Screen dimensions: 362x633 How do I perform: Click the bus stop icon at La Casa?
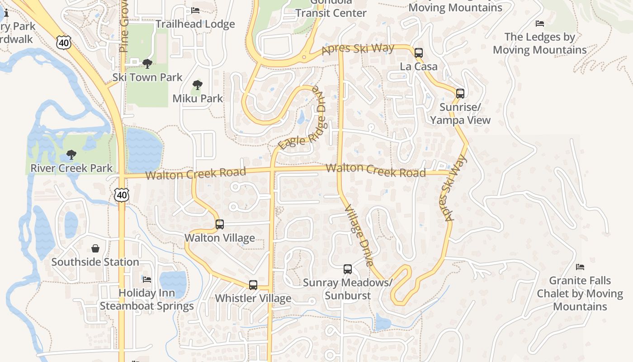(x=419, y=53)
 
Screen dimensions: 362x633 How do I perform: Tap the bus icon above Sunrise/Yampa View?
(x=460, y=94)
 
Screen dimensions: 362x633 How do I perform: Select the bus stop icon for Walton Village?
(x=220, y=224)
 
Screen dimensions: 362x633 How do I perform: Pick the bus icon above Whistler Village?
(x=253, y=285)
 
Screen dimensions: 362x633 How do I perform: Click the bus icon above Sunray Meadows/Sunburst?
(x=347, y=269)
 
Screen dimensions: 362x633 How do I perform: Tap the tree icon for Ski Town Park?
(x=147, y=64)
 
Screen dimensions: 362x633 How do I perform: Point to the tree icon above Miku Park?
(x=197, y=85)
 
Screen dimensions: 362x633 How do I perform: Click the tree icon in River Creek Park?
(x=71, y=155)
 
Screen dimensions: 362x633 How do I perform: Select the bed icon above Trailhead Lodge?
(x=195, y=10)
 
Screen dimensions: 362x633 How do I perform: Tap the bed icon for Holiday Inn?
(x=147, y=279)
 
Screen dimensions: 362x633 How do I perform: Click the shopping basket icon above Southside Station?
(x=95, y=248)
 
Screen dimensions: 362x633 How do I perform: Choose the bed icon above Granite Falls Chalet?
(x=580, y=267)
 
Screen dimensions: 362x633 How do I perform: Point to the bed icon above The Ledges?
(x=539, y=24)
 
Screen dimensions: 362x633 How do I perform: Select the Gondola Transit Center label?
(x=331, y=9)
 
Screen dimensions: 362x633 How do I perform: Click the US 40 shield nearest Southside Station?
(x=121, y=195)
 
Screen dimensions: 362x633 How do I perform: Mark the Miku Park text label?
(x=198, y=98)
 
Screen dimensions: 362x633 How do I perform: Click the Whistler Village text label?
(x=253, y=299)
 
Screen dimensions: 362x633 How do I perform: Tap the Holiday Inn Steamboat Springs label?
(x=147, y=300)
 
